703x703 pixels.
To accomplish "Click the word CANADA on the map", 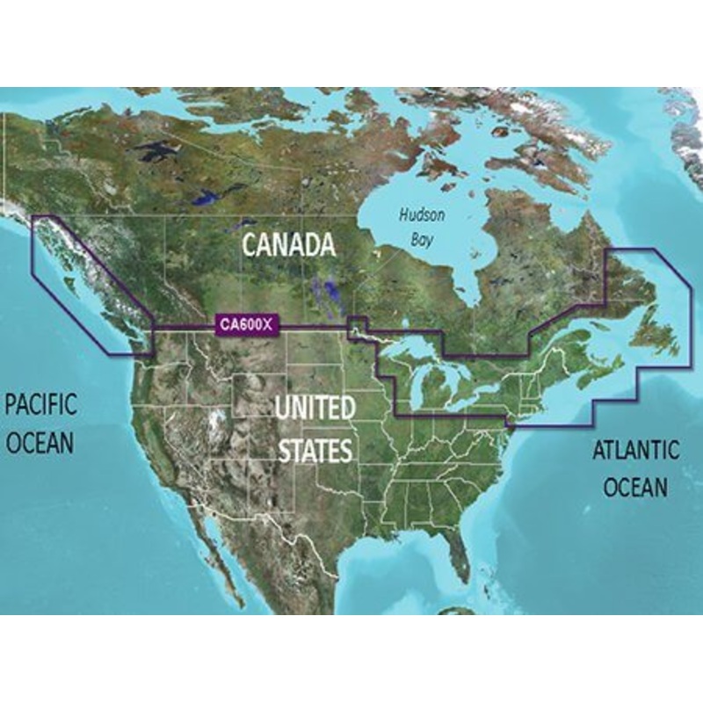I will click(x=288, y=243).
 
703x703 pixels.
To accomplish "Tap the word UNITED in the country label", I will click(x=315, y=409).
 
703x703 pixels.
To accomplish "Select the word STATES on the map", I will click(x=315, y=451).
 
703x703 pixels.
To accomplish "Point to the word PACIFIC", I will click(x=41, y=405).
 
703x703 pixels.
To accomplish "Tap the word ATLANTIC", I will click(x=635, y=451).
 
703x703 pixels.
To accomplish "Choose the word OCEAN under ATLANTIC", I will click(x=635, y=486).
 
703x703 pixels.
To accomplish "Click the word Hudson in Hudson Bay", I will click(x=422, y=215).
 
